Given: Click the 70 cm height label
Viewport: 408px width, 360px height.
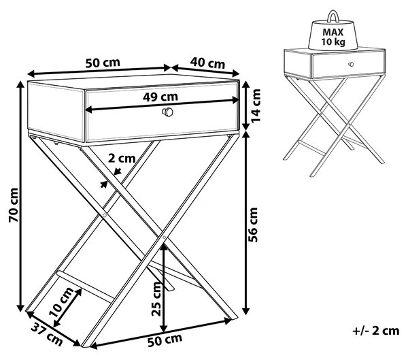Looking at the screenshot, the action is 14,205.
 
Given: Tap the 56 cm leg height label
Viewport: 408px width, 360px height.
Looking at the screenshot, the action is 253,225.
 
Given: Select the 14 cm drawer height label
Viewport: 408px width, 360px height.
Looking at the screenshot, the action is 256,105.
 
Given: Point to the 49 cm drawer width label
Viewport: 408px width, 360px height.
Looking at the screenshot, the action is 160,97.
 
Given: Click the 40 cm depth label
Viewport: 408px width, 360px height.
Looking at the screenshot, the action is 207,63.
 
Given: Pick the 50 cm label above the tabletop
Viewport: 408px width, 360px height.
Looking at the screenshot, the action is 103,63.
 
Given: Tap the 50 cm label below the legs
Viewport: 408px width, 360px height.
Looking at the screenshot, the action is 165,340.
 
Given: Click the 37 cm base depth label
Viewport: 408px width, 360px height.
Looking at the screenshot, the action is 47,334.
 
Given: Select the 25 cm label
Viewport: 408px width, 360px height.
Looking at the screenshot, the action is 157,299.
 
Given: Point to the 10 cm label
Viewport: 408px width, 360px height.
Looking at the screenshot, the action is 61,302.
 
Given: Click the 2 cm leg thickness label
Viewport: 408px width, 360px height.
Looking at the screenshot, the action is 122,158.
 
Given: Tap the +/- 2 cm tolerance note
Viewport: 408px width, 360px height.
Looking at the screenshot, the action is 376,331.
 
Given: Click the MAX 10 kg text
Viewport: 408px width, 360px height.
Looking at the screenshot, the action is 333,37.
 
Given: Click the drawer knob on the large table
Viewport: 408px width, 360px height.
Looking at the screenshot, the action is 167,112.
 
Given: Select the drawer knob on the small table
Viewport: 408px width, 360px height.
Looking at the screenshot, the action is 351,64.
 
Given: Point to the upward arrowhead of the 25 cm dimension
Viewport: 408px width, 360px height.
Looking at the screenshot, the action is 163,246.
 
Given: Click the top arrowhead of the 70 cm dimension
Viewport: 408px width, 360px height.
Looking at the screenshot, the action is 20,85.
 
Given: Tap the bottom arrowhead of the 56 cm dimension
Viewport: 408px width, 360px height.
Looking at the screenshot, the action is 246,310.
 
